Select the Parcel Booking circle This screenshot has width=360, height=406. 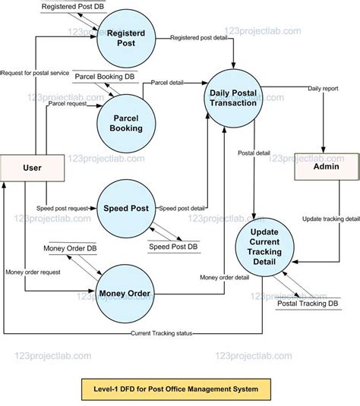(125, 123)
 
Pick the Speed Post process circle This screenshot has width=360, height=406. (125, 206)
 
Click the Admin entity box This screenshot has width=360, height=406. (326, 165)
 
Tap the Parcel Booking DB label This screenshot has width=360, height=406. (106, 77)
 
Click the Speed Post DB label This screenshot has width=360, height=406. (172, 247)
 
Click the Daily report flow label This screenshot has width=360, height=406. (324, 89)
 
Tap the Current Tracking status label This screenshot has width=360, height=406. (161, 333)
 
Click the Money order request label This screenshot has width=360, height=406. (32, 272)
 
